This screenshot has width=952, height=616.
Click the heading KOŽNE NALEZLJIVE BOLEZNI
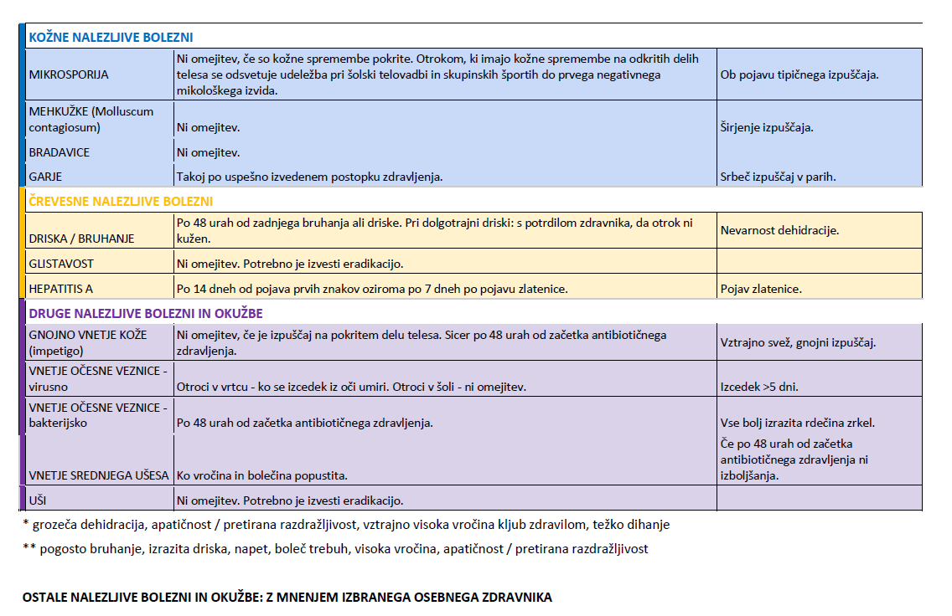pos(111,38)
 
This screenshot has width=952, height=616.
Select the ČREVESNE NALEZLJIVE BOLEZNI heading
pos(121,202)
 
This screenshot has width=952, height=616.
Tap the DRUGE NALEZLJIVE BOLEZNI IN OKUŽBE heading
pos(146,314)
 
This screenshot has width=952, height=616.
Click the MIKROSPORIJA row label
pos(69,74)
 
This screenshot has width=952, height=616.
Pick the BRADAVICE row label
pos(59,152)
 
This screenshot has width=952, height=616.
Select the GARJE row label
pos(46,177)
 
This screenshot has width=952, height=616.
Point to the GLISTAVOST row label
pos(61,264)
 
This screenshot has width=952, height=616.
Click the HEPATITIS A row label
pos(60,289)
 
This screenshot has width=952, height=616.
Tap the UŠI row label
pos(38,501)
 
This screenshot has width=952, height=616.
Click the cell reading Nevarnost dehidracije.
pos(779,230)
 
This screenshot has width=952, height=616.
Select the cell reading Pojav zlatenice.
pos(761,289)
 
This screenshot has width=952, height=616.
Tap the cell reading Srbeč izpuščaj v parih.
pos(778,177)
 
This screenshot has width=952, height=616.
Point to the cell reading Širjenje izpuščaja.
pos(767,128)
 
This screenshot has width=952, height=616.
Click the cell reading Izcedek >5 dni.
pos(758,387)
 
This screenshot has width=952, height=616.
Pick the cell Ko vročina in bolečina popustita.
pos(261,475)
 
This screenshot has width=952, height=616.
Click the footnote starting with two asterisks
pos(335,549)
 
